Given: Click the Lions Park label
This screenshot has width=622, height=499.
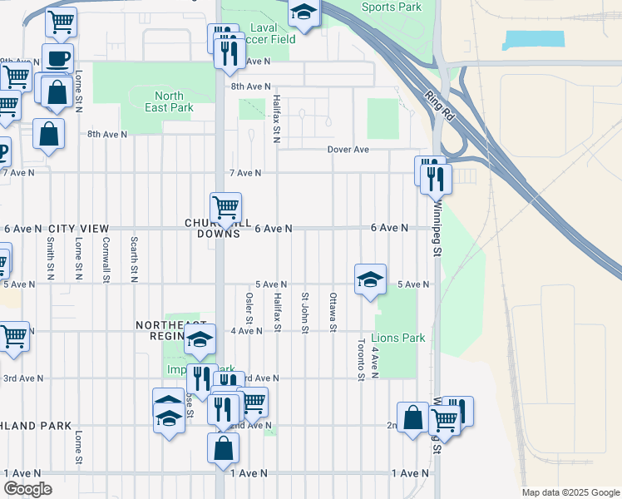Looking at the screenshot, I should coord(397,338).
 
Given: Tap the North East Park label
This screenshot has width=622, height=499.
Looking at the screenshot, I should coord(169,101).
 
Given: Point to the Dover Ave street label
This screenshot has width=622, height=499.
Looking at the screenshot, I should coord(348,150).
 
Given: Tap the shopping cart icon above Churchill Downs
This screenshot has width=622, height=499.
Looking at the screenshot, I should coord(225,207).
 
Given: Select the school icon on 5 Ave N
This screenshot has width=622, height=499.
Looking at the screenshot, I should coord(370,279).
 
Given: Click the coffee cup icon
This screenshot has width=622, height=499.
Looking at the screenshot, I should coord(57,59).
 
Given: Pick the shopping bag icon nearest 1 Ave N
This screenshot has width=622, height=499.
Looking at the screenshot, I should coord(224,448).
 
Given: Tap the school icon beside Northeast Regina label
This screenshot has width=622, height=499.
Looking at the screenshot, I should coord(200,339).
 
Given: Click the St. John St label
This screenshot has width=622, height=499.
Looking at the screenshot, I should coord(305,313).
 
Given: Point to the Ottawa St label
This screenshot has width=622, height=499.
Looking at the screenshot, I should coord(333,313).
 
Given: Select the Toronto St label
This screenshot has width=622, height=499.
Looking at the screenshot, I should coord(361,359).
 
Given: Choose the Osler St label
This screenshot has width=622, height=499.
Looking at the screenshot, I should coord(249,309).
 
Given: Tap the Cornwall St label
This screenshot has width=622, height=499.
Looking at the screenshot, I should coord(106,258).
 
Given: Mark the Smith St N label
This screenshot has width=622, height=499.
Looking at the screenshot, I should coord(52,257).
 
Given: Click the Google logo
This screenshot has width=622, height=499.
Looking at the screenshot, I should coord(27,488).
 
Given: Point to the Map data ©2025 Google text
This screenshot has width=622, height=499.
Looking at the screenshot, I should coord(570,492).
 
